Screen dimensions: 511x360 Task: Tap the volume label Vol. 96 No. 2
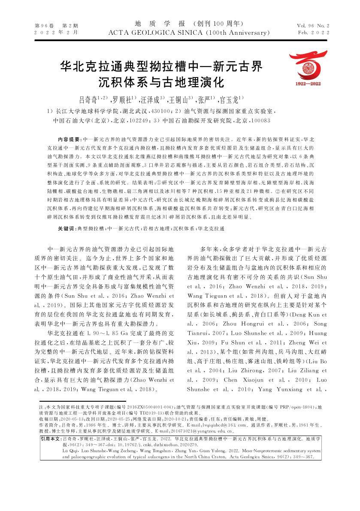[x=313, y=26]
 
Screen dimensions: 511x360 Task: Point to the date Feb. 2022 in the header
[x=313, y=33]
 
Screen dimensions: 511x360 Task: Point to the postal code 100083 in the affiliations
[x=260, y=121]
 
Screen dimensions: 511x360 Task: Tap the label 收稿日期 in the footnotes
[x=47, y=418]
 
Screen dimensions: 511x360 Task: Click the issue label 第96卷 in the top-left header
[x=42, y=26]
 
